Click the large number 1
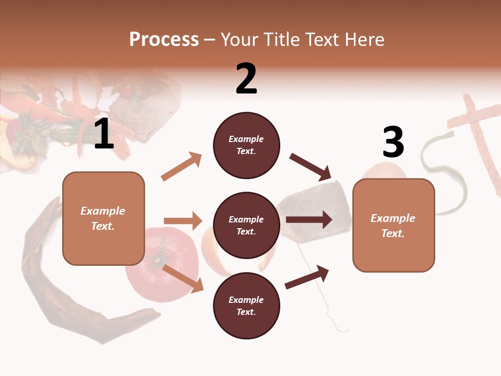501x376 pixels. (x=104, y=134)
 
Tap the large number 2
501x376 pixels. (x=246, y=79)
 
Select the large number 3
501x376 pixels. (x=393, y=142)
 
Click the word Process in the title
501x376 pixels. (x=164, y=39)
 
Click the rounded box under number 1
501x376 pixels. (x=103, y=218)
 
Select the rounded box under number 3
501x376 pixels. (x=393, y=225)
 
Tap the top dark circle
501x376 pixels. (x=246, y=145)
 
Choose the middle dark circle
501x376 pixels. (x=246, y=225)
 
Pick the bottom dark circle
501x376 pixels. (x=246, y=305)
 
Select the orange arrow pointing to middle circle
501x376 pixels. (x=183, y=221)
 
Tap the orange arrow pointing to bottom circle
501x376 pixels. (x=183, y=278)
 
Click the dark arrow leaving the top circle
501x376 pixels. (x=311, y=167)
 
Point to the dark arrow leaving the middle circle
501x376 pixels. (x=309, y=220)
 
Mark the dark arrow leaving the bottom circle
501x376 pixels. (x=307, y=277)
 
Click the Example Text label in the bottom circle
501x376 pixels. (x=246, y=305)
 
